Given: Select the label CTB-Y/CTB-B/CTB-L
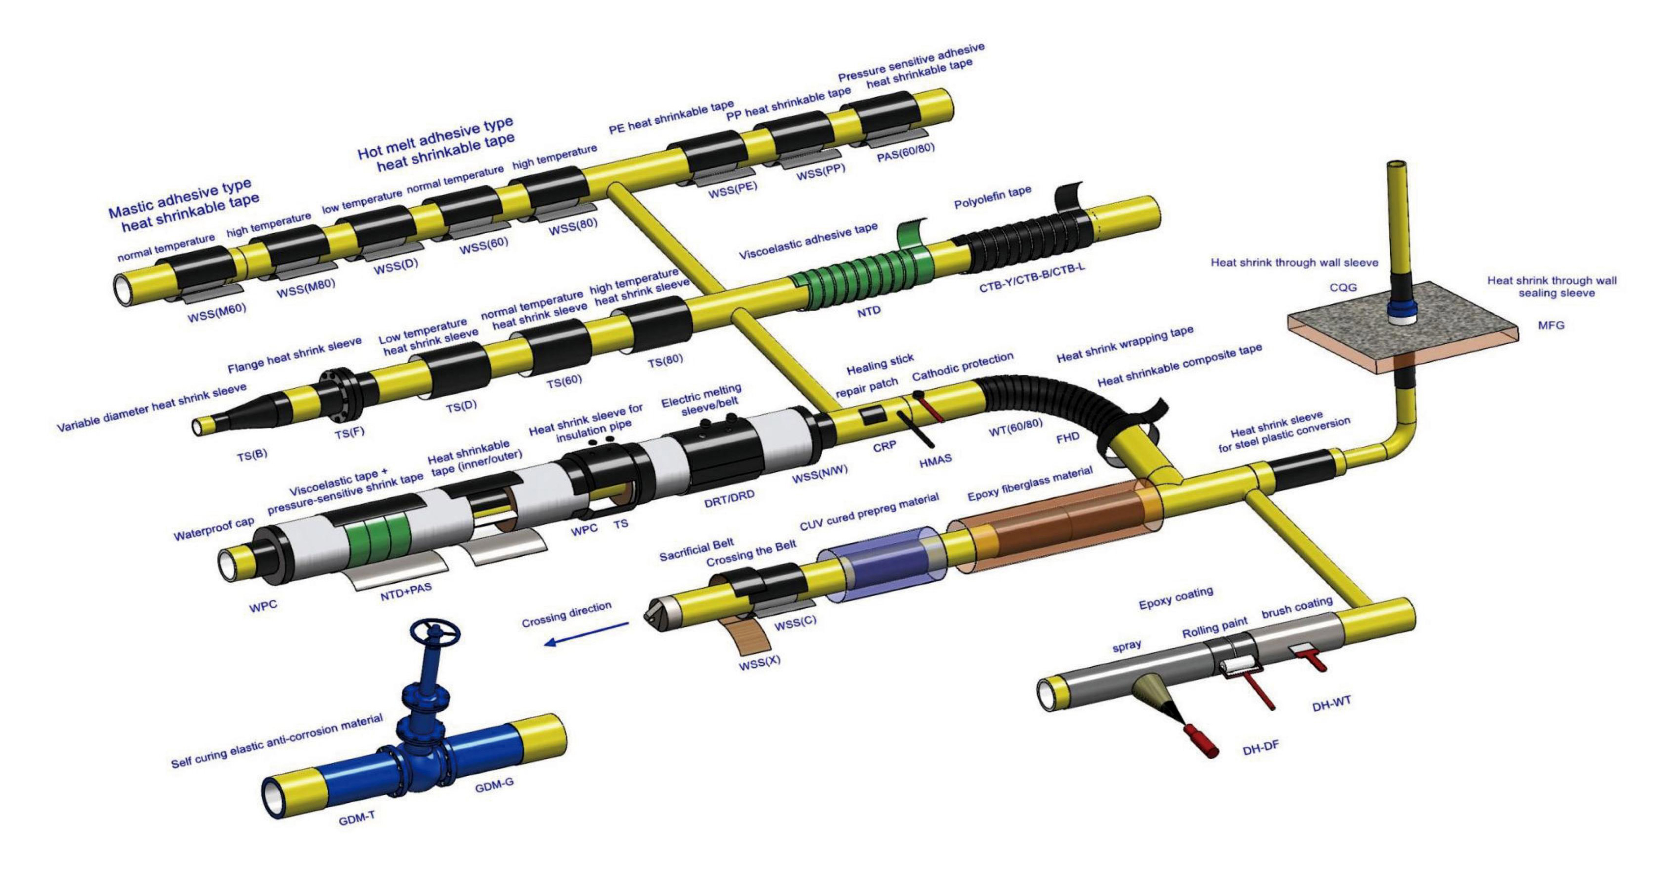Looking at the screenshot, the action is [1031, 277].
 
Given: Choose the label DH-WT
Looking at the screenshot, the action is [1331, 703].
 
